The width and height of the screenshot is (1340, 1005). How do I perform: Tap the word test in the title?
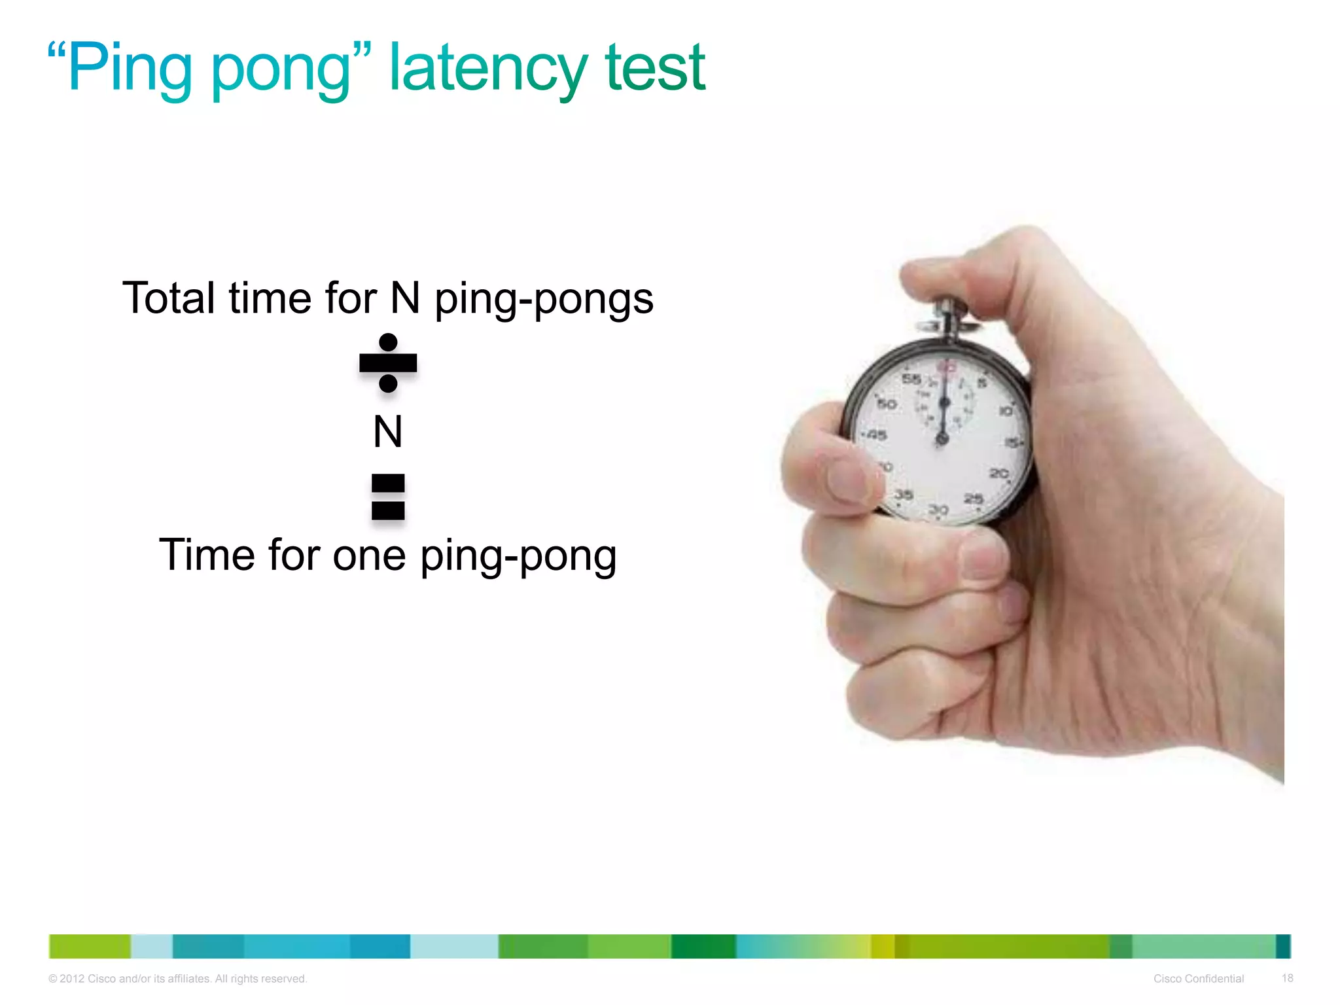tap(655, 69)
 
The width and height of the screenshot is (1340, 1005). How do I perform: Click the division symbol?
tap(388, 363)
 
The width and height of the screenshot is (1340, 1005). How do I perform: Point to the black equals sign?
tap(388, 497)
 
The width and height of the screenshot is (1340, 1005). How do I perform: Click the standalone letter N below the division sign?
tap(388, 432)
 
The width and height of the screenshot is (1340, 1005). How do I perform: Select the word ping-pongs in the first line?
tap(544, 300)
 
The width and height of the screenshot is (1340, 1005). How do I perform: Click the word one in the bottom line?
tap(369, 555)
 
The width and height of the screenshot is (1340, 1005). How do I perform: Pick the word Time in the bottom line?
tap(207, 555)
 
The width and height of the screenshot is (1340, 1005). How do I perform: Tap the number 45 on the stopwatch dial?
tap(876, 435)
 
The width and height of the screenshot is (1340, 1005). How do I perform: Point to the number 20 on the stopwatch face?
tap(998, 472)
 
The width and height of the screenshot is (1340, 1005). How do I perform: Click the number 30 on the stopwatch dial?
tap(939, 509)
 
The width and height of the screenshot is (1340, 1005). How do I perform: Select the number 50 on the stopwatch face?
tap(887, 404)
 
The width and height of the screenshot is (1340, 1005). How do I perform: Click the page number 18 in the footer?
tap(1287, 978)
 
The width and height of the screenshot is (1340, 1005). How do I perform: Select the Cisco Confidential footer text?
tap(1198, 979)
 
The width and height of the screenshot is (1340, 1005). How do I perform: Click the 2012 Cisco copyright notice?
tap(177, 979)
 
